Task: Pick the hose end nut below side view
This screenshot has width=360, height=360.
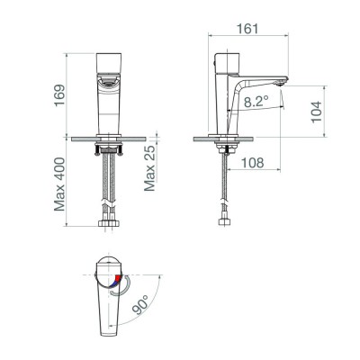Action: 221,222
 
